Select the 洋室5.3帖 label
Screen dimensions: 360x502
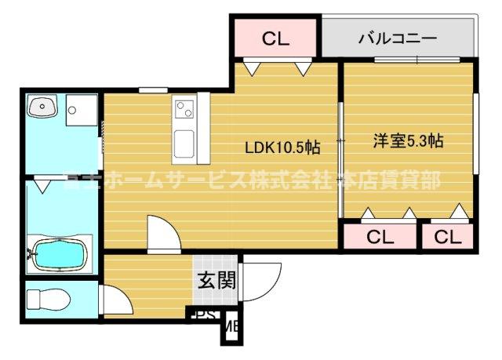[x=408, y=142]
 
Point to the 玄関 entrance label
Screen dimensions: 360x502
[x=216, y=280]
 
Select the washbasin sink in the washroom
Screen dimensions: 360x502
[x=42, y=107]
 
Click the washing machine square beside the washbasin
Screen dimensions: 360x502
[x=81, y=110]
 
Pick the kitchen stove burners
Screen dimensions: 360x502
[x=185, y=109]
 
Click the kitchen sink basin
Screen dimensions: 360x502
[x=185, y=142]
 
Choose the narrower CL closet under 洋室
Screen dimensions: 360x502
[x=448, y=236]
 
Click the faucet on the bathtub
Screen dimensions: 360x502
[x=32, y=253]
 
